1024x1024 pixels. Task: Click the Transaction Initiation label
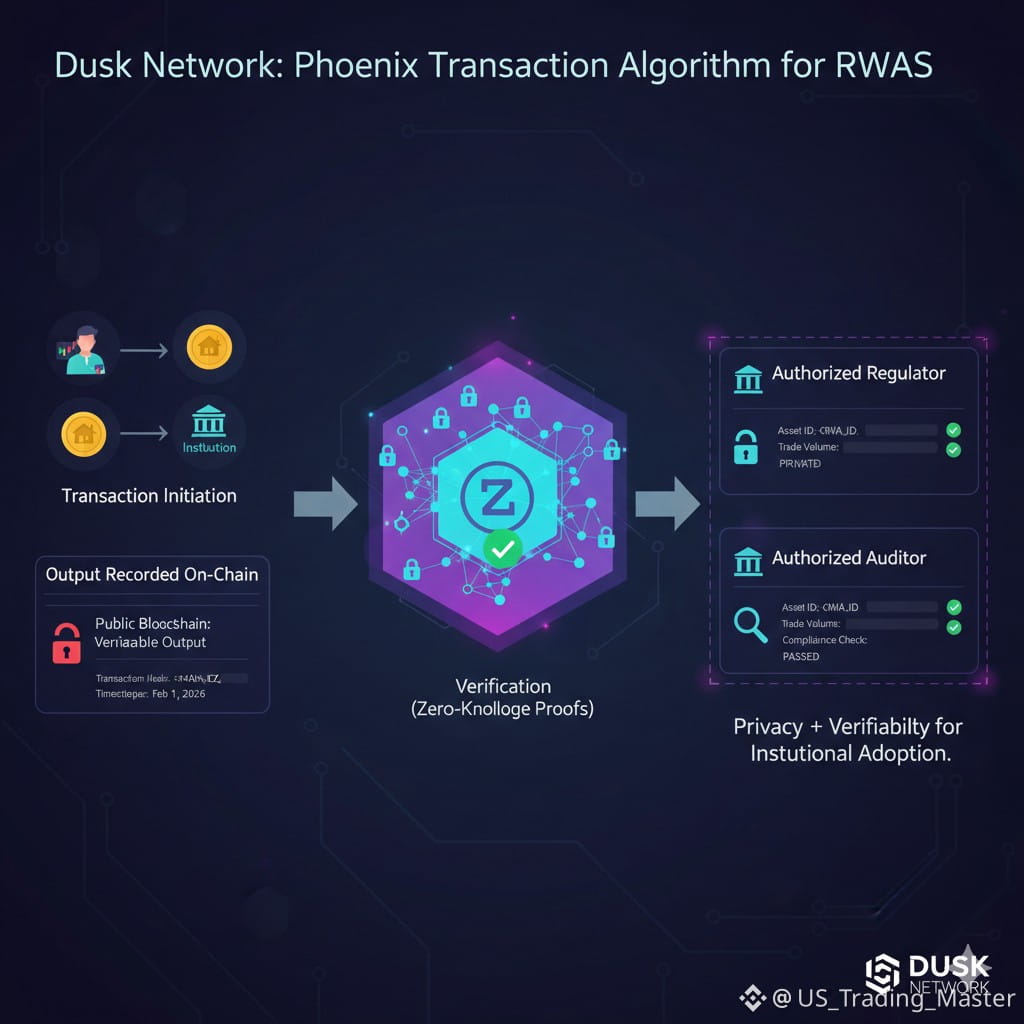(149, 496)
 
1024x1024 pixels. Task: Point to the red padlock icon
(66, 643)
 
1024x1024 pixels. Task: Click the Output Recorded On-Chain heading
(152, 574)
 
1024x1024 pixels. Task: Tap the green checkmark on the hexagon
(502, 547)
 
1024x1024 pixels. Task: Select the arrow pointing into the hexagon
(325, 503)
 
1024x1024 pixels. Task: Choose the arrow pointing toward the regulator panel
(667, 503)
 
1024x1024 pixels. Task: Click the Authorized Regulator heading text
(858, 374)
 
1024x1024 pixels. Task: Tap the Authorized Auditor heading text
(848, 558)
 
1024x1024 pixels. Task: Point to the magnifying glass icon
(748, 624)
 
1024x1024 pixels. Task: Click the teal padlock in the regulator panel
(746, 446)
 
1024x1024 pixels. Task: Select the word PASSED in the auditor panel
(801, 657)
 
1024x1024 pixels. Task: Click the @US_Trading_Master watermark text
(893, 998)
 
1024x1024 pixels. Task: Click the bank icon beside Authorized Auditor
(747, 560)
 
